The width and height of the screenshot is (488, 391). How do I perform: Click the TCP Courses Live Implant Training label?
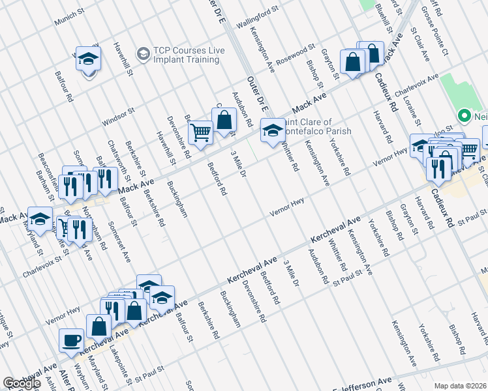pos(186,55)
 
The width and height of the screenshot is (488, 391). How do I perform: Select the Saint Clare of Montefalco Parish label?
pos(316,126)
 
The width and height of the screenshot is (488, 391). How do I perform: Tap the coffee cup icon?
pos(71,340)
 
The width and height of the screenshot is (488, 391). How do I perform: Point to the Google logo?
pos(22,383)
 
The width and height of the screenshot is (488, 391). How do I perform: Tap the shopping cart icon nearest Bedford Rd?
pos(200,132)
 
